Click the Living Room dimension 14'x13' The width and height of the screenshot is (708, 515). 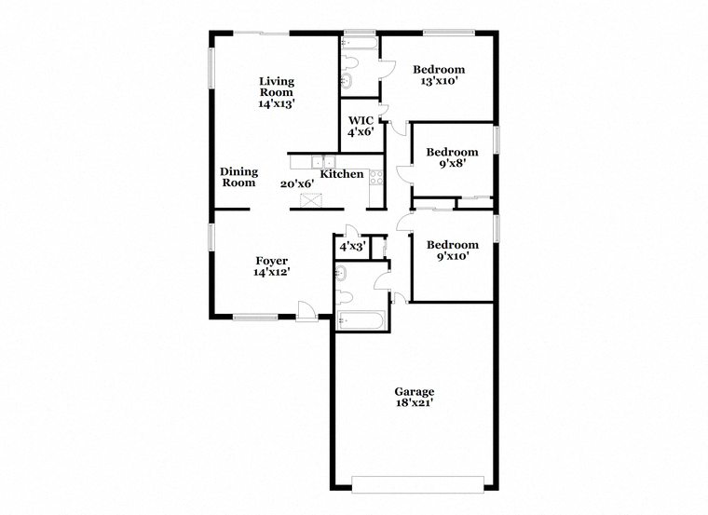pos(277,103)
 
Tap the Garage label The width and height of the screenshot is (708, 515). pos(414,392)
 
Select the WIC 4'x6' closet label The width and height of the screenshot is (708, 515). pos(361,127)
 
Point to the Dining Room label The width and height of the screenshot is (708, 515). pos(238,177)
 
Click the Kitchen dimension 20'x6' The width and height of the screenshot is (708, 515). pos(297,184)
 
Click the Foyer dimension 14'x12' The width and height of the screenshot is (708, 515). pos(271,272)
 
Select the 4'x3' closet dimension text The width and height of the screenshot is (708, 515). pos(353,247)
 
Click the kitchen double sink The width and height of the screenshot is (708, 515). pos(324,161)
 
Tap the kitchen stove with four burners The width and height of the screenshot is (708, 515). pos(376,177)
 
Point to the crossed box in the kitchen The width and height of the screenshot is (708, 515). pos(311,200)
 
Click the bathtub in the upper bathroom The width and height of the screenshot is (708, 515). pos(360,43)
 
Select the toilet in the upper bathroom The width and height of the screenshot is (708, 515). pos(349,62)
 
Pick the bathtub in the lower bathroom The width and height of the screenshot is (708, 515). pos(361,320)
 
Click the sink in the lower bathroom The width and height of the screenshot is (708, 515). pos(340,273)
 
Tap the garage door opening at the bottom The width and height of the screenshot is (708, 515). pos(417,484)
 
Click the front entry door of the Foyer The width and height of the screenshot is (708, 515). pos(307,311)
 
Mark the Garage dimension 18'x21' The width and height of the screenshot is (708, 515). pos(415,403)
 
